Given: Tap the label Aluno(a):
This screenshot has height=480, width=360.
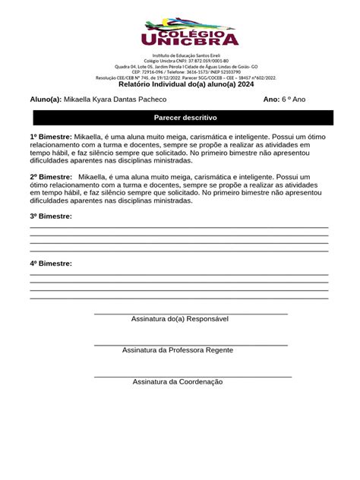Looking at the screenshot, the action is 46,99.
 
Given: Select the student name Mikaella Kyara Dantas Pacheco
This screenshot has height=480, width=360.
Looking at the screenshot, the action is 115,99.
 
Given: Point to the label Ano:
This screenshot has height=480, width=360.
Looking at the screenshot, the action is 271,99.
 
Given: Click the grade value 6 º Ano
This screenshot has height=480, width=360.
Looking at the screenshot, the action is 294,99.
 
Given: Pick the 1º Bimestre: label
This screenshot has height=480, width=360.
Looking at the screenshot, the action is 51,136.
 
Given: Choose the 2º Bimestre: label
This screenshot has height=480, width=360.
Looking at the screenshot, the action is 51,176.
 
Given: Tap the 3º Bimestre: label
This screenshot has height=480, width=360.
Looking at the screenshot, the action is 51,216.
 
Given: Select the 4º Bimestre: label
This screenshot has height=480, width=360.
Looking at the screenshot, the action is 51,263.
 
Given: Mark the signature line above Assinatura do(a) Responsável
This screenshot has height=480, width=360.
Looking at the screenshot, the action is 191,314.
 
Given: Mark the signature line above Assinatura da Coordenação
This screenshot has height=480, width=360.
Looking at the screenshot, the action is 193,377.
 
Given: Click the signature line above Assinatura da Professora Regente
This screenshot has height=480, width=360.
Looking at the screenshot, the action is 191,345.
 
